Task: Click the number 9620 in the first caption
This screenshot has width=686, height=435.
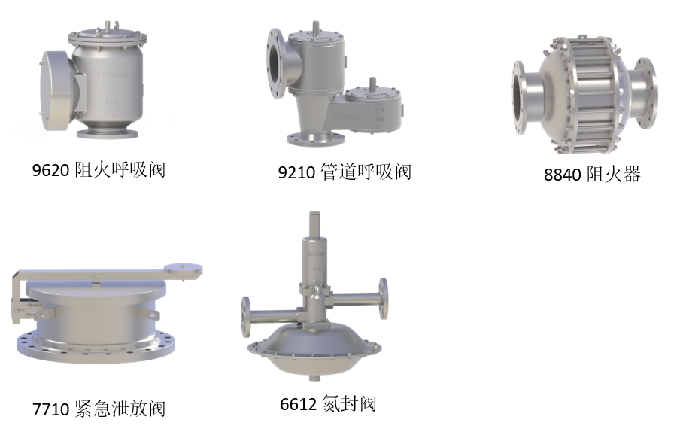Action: pyautogui.click(x=50, y=170)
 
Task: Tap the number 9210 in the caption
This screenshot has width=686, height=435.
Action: pyautogui.click(x=296, y=172)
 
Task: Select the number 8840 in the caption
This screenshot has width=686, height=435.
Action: pyautogui.click(x=562, y=175)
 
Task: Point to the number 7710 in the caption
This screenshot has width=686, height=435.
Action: pyautogui.click(x=50, y=409)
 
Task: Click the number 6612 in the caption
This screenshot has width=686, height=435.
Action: pyautogui.click(x=299, y=404)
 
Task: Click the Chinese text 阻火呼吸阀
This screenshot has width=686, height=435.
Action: pyautogui.click(x=120, y=170)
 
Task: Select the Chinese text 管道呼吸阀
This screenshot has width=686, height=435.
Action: pyautogui.click(x=366, y=172)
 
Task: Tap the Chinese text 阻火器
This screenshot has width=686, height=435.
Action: pyautogui.click(x=613, y=174)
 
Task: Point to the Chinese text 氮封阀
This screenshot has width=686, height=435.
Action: pyautogui.click(x=349, y=403)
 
